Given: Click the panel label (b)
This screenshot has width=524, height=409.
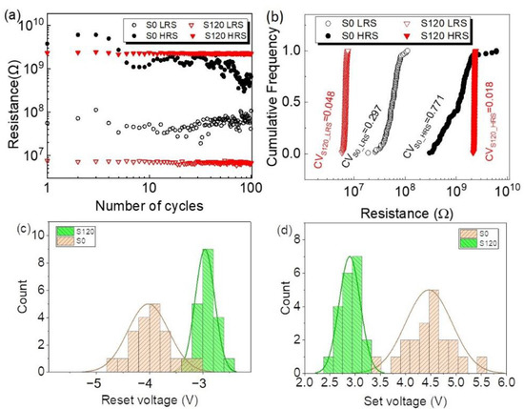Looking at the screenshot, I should coord(275,9).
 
